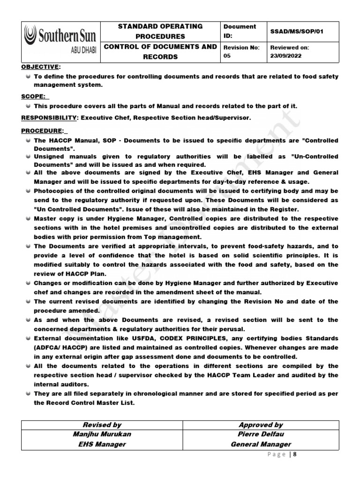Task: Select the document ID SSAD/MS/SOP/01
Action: pos(297,31)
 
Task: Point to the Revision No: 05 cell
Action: pos(242,51)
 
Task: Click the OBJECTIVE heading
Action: pos(40,67)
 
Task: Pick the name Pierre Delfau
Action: pos(261,434)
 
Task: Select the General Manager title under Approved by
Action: pos(261,444)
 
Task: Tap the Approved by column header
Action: pos(261,425)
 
